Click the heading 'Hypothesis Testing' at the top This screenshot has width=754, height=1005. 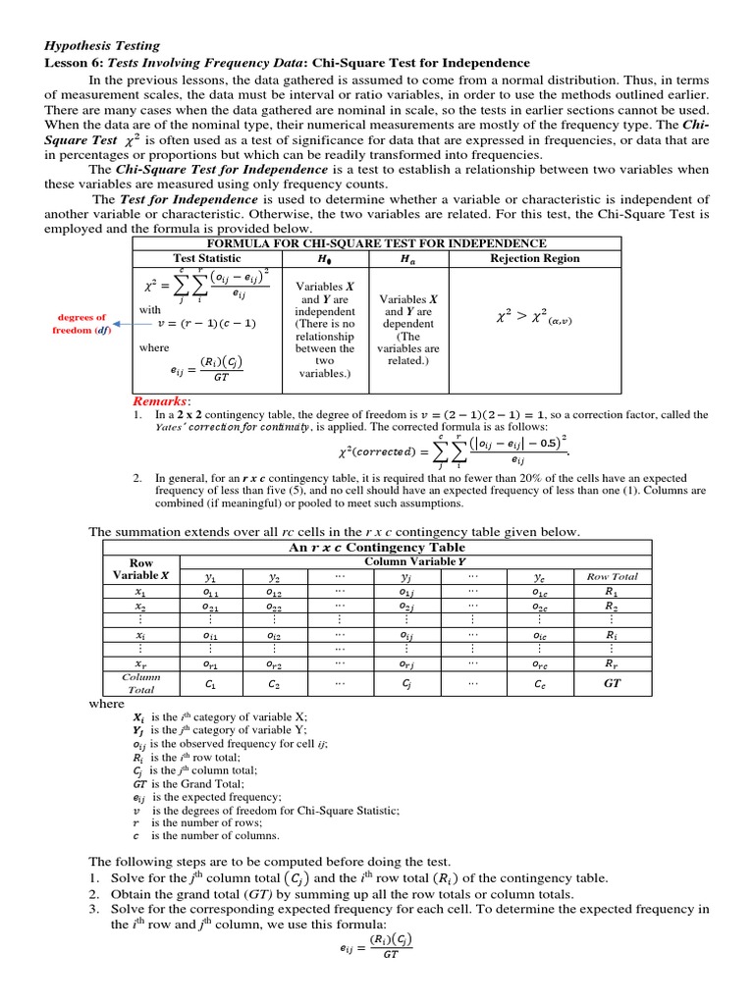(103, 45)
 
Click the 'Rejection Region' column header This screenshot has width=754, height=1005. (534, 258)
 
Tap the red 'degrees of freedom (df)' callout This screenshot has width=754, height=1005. (81, 324)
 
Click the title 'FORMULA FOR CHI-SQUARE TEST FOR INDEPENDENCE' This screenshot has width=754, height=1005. (374, 243)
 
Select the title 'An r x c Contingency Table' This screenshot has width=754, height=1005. (377, 547)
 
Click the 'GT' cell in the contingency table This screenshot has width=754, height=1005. (612, 682)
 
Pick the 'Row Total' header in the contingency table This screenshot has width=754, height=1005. (612, 576)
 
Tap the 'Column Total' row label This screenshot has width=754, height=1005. (140, 683)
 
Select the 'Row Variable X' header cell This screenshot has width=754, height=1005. (140, 568)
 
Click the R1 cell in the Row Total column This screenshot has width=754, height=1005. (612, 592)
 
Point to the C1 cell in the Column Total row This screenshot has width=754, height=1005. (209, 682)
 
